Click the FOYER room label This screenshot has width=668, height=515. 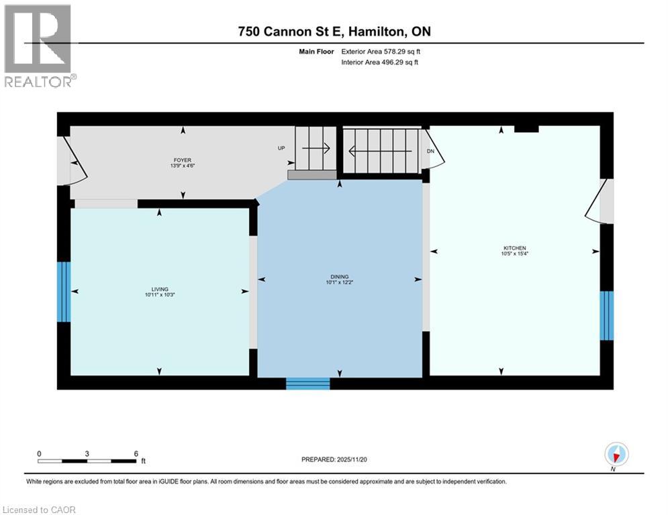click(183, 160)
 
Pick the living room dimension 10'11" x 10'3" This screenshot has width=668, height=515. click(159, 295)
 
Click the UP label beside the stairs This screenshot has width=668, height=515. click(283, 148)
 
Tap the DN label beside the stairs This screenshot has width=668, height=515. click(431, 152)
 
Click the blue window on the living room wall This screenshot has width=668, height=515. click(64, 292)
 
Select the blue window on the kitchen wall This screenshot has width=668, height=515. click(607, 316)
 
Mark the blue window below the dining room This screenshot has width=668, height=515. click(308, 384)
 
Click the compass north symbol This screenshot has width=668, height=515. click(616, 455)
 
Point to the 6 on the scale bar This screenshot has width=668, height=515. click(136, 453)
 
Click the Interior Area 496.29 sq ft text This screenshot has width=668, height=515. click(383, 62)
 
